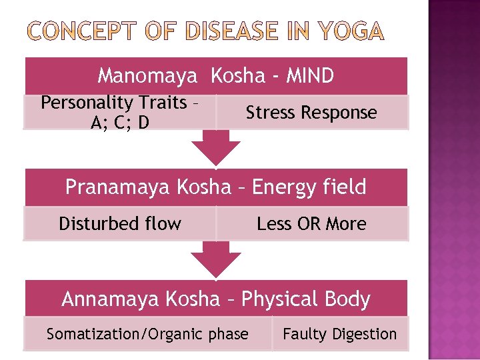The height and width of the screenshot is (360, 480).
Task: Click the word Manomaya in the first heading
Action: pos(147,77)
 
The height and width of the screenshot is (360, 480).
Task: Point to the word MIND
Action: pos(310,77)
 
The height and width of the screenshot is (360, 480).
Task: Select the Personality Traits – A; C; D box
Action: pos(120,112)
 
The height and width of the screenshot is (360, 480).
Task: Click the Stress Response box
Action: pos(311,112)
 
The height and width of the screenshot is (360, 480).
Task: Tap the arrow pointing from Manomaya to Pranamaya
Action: pos(215,148)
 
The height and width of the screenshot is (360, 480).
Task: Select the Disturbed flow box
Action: pos(120,223)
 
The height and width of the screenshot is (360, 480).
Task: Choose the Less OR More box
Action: pos(311,223)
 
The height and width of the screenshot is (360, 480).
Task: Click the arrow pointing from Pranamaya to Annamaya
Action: pos(215,259)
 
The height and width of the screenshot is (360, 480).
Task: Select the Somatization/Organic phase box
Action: pos(147,334)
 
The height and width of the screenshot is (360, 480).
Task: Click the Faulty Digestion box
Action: pos(339,334)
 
